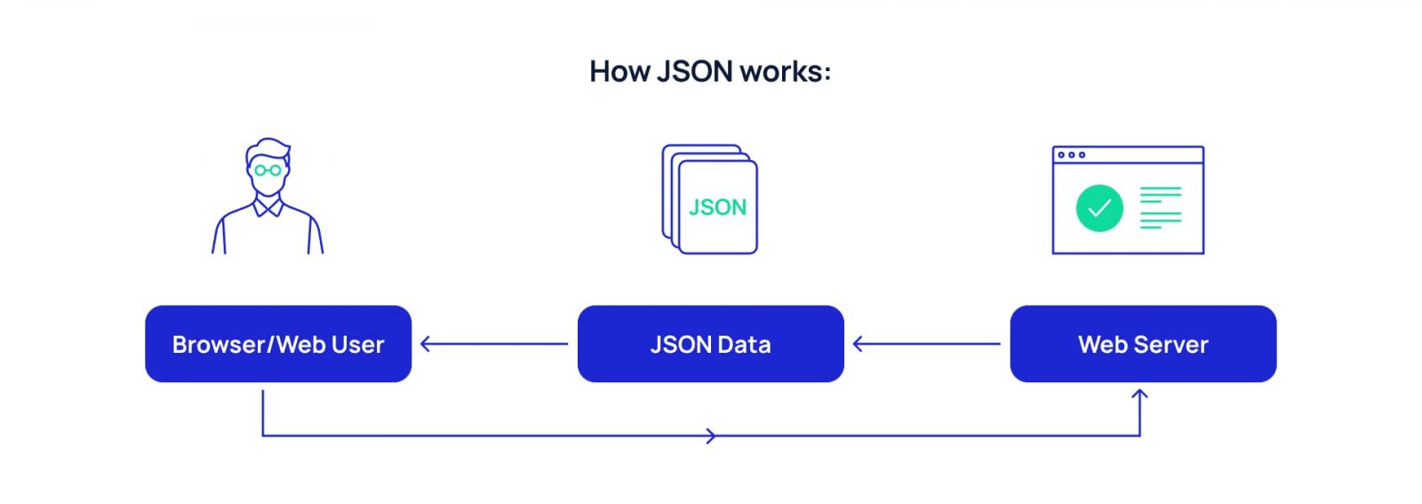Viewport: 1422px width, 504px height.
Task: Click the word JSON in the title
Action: point(694,71)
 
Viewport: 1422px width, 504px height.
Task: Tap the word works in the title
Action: point(781,71)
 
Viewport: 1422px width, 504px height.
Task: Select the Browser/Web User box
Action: point(278,344)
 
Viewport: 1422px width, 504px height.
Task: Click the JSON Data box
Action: point(710,344)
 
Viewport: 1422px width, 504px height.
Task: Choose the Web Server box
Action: point(1143,344)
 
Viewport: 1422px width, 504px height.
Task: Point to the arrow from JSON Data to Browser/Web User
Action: point(493,344)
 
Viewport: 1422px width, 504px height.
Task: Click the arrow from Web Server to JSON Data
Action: point(926,344)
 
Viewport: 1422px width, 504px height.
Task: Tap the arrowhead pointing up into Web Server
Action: point(1140,394)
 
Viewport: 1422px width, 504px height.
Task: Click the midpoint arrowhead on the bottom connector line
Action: point(710,436)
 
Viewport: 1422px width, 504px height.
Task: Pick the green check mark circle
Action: point(1099,208)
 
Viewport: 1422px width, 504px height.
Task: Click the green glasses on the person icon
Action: point(268,170)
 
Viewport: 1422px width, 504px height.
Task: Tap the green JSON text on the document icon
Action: point(717,208)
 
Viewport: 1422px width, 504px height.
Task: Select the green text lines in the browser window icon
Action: point(1161,208)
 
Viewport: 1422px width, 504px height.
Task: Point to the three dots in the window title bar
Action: point(1071,155)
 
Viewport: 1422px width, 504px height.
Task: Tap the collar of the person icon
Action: point(268,208)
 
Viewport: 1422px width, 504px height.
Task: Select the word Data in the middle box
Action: point(744,344)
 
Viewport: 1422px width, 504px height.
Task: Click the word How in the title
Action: point(619,71)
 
